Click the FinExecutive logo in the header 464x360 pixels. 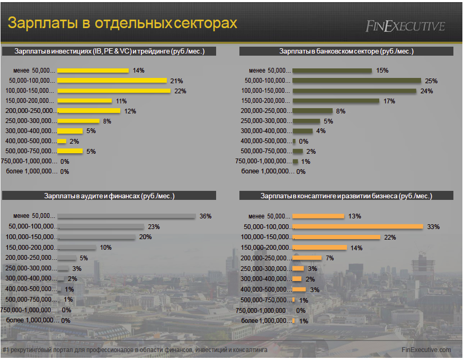[x=405, y=26]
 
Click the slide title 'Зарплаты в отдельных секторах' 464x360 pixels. [x=122, y=24]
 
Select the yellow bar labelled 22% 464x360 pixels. [x=114, y=91]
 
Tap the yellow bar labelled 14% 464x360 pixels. [x=93, y=71]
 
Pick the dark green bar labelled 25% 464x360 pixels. [x=356, y=81]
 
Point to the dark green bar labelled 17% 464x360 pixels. [x=336, y=101]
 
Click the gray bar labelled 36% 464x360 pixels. [x=126, y=216]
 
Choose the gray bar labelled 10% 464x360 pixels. [x=77, y=248]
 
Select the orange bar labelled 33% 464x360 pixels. [x=358, y=227]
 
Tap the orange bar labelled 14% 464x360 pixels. [x=319, y=248]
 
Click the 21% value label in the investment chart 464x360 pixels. [x=176, y=81]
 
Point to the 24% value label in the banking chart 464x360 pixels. [x=426, y=91]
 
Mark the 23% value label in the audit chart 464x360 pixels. [x=154, y=227]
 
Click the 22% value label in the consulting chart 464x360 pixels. [x=390, y=238]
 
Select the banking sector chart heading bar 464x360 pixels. [x=346, y=51]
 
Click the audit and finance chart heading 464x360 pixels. [x=109, y=196]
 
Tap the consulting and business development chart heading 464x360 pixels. [x=346, y=196]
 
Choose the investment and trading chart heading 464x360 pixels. [x=109, y=51]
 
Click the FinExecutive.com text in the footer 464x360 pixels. [x=426, y=350]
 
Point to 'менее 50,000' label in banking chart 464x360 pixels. [x=270, y=71]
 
